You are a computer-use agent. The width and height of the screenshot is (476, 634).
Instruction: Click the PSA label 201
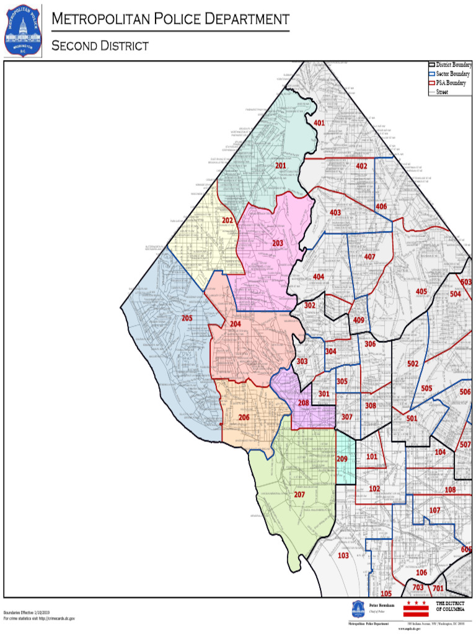(x=281, y=166)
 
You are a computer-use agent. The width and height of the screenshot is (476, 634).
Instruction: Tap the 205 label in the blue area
(x=187, y=318)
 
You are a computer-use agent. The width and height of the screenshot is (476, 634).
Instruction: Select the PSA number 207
(x=299, y=495)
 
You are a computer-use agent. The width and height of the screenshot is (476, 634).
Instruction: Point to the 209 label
(x=342, y=459)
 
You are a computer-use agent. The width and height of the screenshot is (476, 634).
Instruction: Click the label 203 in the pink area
(x=278, y=243)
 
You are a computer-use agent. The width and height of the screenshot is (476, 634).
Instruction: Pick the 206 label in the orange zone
(x=244, y=417)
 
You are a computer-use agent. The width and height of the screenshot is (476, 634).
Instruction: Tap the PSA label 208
(x=303, y=403)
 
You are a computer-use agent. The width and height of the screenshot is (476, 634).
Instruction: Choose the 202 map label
(x=228, y=220)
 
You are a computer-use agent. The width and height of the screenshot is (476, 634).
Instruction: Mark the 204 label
(x=236, y=324)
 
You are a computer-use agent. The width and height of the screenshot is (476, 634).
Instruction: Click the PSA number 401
(x=319, y=123)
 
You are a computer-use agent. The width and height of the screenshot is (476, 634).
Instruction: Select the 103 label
(x=343, y=555)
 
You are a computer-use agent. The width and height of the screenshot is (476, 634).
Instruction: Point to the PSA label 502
(x=413, y=364)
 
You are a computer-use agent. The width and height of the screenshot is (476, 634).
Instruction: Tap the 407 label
(x=369, y=256)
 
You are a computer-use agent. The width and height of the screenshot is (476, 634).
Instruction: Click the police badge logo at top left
(x=22, y=31)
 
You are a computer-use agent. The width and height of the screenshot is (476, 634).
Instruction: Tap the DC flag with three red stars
(x=415, y=607)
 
